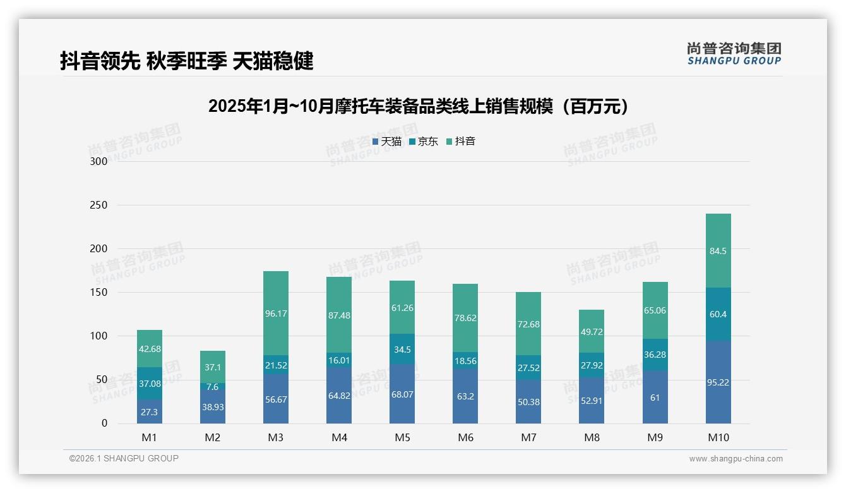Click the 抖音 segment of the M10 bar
coord(718,251)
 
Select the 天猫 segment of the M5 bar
coord(402,394)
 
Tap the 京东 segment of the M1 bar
coord(150,384)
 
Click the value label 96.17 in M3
coord(276,313)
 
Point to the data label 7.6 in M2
coord(213,387)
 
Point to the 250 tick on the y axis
coord(99,205)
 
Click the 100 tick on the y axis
coord(99,336)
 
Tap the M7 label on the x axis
coord(528,437)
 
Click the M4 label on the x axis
coord(339,437)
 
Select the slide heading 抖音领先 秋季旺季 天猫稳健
coord(187,61)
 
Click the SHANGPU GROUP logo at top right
coord(734,54)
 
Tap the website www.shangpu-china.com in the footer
coord(736,459)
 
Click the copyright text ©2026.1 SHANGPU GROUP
coord(124,458)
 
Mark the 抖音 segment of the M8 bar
coord(592,331)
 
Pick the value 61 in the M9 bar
coord(655,398)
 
